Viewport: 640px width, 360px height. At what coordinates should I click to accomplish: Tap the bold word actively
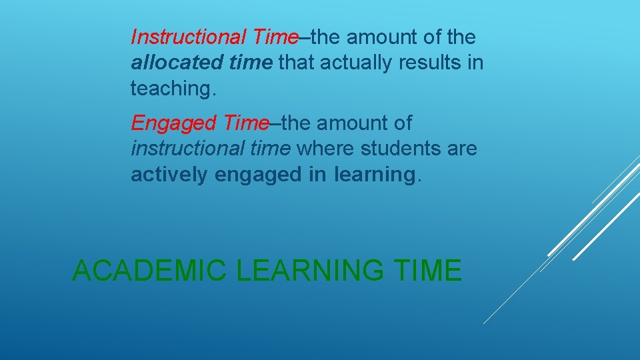169,175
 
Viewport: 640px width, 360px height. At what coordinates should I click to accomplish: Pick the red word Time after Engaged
246,123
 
